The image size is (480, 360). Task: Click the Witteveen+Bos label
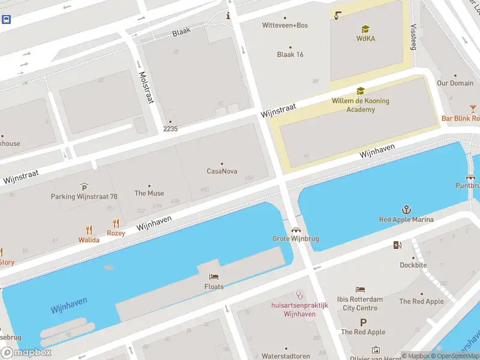[285, 25]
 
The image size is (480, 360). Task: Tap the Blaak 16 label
[290, 55]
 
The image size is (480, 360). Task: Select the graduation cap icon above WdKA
[365, 29]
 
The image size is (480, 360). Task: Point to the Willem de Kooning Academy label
[361, 105]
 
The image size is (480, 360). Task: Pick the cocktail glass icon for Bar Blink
[473, 108]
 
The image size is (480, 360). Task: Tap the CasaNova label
[222, 171]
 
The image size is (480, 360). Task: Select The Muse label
[149, 193]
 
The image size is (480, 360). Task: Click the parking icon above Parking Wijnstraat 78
[84, 187]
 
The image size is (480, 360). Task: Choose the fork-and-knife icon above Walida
[89, 229]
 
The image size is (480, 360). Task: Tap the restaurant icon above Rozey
[116, 223]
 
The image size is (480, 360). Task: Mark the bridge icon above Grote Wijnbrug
[295, 229]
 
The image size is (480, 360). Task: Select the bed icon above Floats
[214, 277]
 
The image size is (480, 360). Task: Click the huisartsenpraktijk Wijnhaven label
[299, 310]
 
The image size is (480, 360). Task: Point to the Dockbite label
[413, 265]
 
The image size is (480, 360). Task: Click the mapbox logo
[26, 353]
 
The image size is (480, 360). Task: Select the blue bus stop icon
[6, 19]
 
